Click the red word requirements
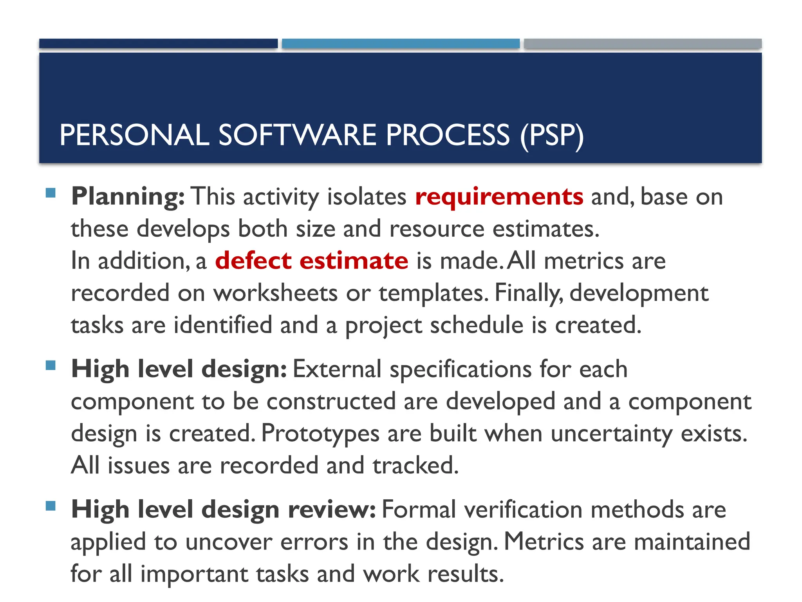499,197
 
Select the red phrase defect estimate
312,261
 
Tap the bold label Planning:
128,197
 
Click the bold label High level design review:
224,510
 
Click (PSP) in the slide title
552,135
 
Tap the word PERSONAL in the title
134,135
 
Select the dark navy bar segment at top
158,44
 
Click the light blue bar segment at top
401,44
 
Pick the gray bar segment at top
643,44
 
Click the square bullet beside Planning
51,193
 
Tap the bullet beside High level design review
51,506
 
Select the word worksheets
275,293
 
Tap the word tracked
415,466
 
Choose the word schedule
477,325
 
